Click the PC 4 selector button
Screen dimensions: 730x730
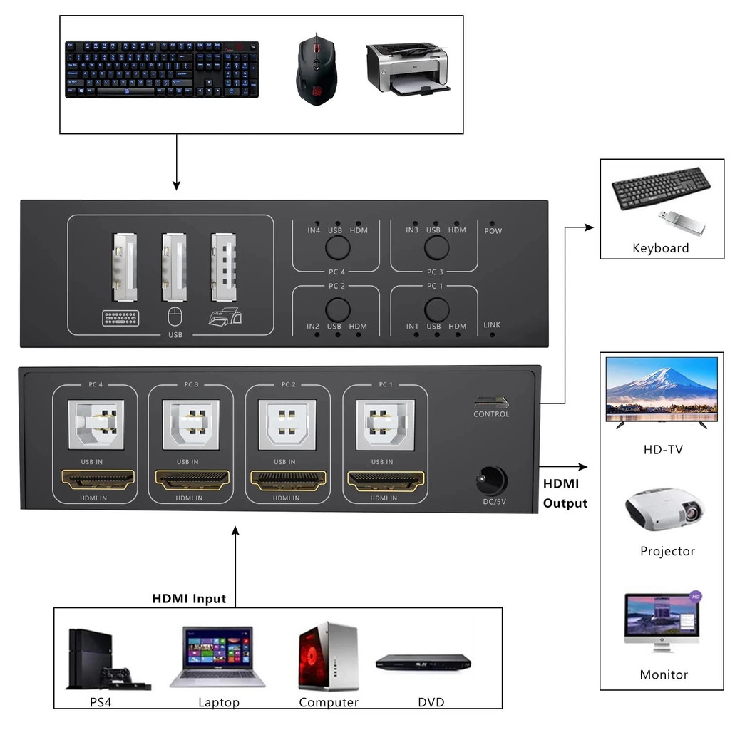tap(338, 247)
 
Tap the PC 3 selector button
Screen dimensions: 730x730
tap(436, 247)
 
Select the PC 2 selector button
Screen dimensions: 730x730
tap(338, 309)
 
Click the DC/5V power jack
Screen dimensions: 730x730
tap(491, 480)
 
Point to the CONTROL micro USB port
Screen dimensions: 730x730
tap(491, 402)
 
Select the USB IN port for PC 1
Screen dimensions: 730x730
tap(385, 424)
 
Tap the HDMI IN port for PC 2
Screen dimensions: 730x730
tap(287, 479)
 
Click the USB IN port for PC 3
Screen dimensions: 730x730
tap(190, 424)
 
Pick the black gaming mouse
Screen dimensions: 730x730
tap(315, 70)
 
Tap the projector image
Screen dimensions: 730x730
tap(665, 509)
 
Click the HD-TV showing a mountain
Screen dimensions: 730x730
tap(661, 391)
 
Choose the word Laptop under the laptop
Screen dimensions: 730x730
tap(219, 702)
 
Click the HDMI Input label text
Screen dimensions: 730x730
tap(189, 598)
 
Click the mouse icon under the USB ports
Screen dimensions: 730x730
tap(171, 315)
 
